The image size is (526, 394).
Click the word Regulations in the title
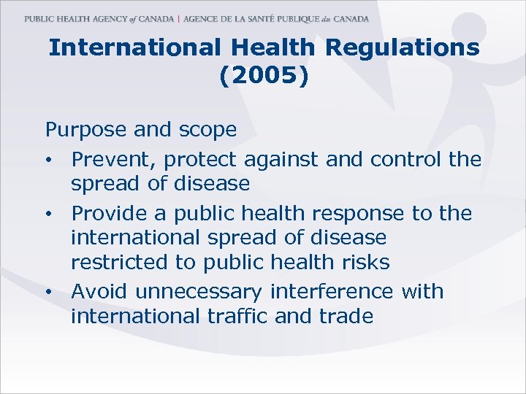coord(402,48)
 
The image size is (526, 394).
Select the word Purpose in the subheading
coord(87,130)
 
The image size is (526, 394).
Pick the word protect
coord(202,158)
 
